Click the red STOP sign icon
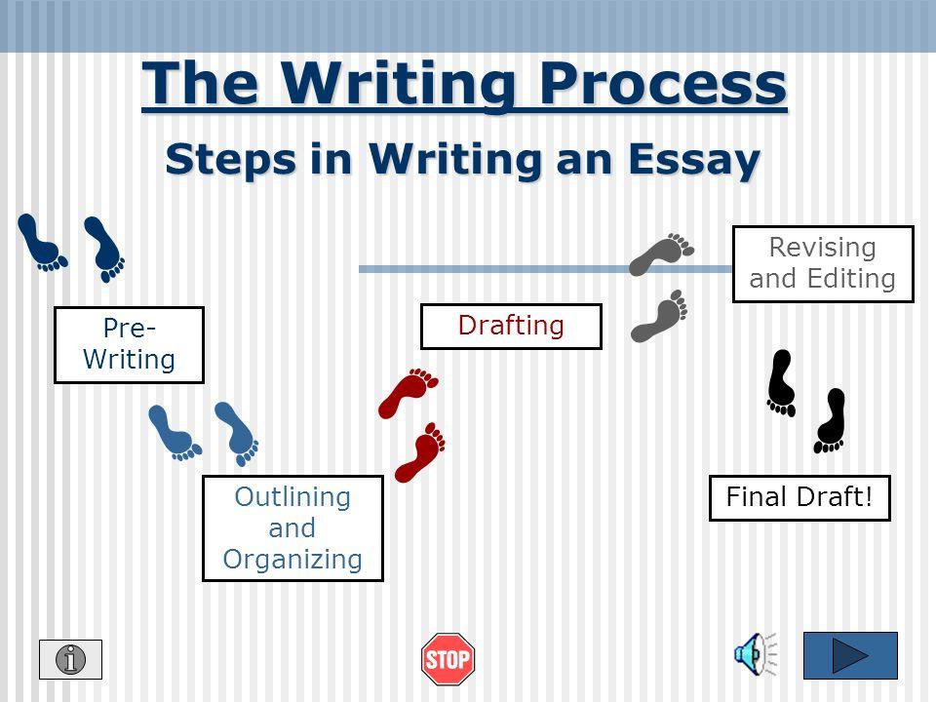[448, 659]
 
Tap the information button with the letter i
[70, 659]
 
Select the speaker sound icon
[755, 654]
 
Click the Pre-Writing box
[129, 344]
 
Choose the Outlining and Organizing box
[292, 527]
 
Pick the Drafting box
[511, 326]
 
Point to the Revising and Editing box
[823, 264]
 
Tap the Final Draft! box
[799, 498]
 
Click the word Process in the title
[663, 85]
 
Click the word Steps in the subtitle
[230, 160]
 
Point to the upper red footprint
[409, 393]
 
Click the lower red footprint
[420, 451]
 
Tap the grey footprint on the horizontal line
[661, 254]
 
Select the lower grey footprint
[659, 316]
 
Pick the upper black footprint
[781, 382]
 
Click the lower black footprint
[830, 420]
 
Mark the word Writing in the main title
[398, 86]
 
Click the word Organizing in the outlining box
[292, 560]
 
